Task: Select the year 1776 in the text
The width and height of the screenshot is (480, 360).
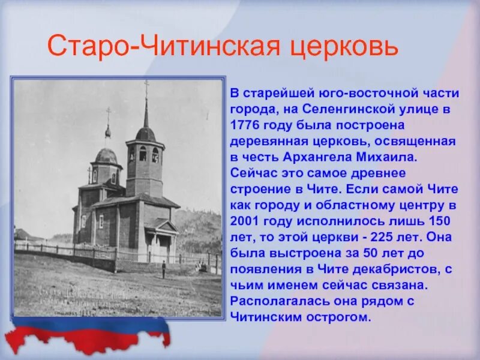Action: pos(244,126)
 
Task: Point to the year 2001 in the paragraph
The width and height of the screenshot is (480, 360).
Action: pos(244,220)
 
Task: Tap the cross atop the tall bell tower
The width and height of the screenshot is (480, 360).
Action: pos(146,86)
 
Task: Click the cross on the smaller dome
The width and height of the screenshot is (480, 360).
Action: pos(108,114)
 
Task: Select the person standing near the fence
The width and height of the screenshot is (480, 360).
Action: pos(163,269)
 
